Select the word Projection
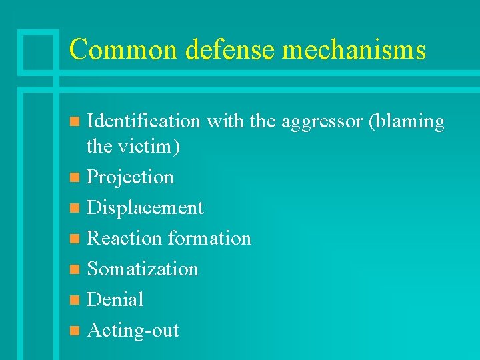pyautogui.click(x=131, y=177)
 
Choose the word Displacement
pyautogui.click(x=145, y=208)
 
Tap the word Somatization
pyautogui.click(x=143, y=269)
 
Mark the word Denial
pyautogui.click(x=115, y=300)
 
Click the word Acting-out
pyautogui.click(x=133, y=331)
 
